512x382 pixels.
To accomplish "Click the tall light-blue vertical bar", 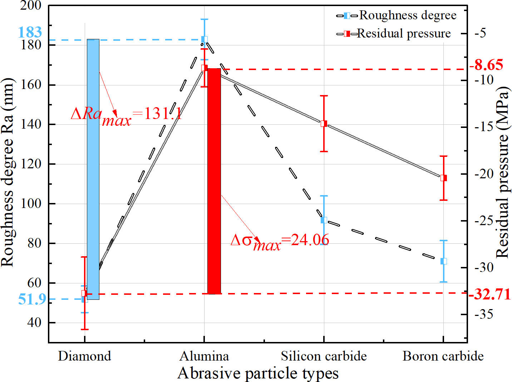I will point(93,169).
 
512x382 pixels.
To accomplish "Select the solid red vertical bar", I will point(214,181).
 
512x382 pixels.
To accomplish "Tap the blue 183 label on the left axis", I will point(30,33).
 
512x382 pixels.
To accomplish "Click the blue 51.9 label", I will point(32,299).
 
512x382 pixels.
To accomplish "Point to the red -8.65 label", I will point(486,65).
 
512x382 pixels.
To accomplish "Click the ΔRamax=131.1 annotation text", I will point(127,115).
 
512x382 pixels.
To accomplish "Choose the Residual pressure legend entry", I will point(394,34).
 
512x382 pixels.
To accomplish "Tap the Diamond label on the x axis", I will point(85,356).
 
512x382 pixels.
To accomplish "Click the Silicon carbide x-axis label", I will point(324,356).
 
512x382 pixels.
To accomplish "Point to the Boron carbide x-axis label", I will point(443,356).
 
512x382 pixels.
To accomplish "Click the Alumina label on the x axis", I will point(204,356).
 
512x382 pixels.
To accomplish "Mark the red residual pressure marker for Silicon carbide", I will point(324,124).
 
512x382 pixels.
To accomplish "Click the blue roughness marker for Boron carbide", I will point(444,261).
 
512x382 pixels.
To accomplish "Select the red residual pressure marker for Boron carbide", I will point(444,178).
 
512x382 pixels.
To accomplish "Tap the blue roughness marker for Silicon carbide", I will point(324,220).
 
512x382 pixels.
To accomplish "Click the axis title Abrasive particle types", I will point(258,373).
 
